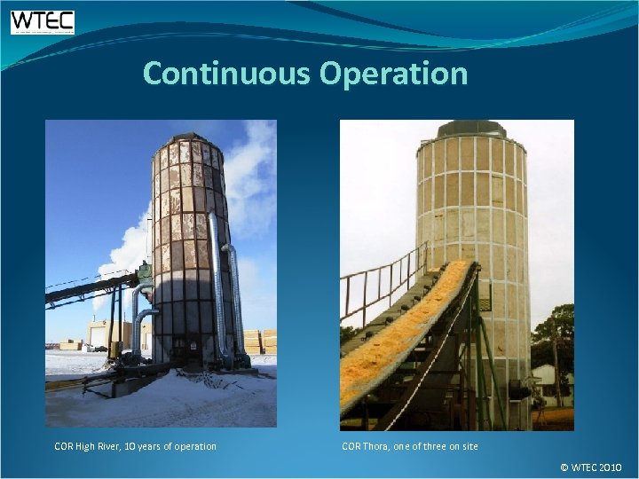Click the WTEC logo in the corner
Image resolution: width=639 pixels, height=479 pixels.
43,22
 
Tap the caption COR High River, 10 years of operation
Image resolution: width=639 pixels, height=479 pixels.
135,446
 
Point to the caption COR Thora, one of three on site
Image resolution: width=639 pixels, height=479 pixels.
409,446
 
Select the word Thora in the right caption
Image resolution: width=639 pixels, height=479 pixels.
378,446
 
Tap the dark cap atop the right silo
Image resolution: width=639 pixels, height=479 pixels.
471,129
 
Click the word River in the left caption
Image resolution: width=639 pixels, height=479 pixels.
114,446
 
